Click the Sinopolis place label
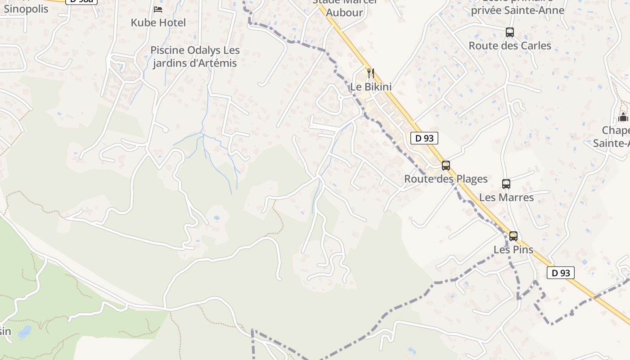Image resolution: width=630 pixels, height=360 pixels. point(26,9)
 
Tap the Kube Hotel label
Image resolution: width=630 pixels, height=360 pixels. point(158,22)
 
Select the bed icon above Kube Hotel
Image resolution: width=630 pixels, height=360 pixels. point(158,9)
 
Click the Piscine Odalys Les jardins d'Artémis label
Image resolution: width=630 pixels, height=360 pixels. point(194,57)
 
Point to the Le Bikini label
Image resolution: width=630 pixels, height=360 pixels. point(371,87)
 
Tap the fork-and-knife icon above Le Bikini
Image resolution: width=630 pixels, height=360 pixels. point(371,73)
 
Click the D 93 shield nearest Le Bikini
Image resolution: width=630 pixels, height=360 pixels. point(424,138)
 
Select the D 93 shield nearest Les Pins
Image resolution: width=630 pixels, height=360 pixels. point(561,273)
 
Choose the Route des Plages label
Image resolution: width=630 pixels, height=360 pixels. point(445,179)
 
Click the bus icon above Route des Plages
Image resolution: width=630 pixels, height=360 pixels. point(445,165)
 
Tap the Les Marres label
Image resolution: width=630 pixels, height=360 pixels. point(506,197)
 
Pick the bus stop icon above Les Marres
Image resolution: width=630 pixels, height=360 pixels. point(506,184)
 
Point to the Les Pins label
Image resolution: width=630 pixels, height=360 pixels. point(513,249)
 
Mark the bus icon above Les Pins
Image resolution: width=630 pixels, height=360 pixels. point(513,236)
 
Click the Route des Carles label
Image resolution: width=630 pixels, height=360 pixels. point(510,45)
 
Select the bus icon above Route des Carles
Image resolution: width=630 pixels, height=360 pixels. point(509,32)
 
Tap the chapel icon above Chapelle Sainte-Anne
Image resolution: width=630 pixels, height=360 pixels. point(623,117)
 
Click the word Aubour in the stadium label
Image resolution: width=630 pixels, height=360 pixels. point(344,12)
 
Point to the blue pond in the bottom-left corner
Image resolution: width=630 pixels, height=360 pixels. point(24,332)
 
